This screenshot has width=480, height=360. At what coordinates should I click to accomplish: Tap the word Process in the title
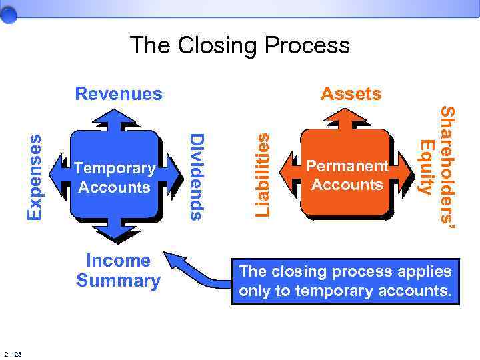tap(307, 46)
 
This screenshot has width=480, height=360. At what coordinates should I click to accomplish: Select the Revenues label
tap(119, 93)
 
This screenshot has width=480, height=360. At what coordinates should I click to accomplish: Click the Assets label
tap(351, 94)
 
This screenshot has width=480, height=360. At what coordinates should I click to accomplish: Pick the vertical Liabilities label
tap(264, 174)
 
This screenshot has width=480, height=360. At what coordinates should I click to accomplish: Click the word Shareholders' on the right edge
tap(449, 169)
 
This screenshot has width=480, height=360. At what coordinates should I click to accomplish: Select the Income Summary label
tap(119, 271)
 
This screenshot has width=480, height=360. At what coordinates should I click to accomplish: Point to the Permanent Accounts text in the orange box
tap(347, 175)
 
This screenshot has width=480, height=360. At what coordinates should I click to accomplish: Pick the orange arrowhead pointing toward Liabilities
tap(289, 164)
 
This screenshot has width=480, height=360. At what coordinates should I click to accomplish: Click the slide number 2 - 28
tap(13, 353)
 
